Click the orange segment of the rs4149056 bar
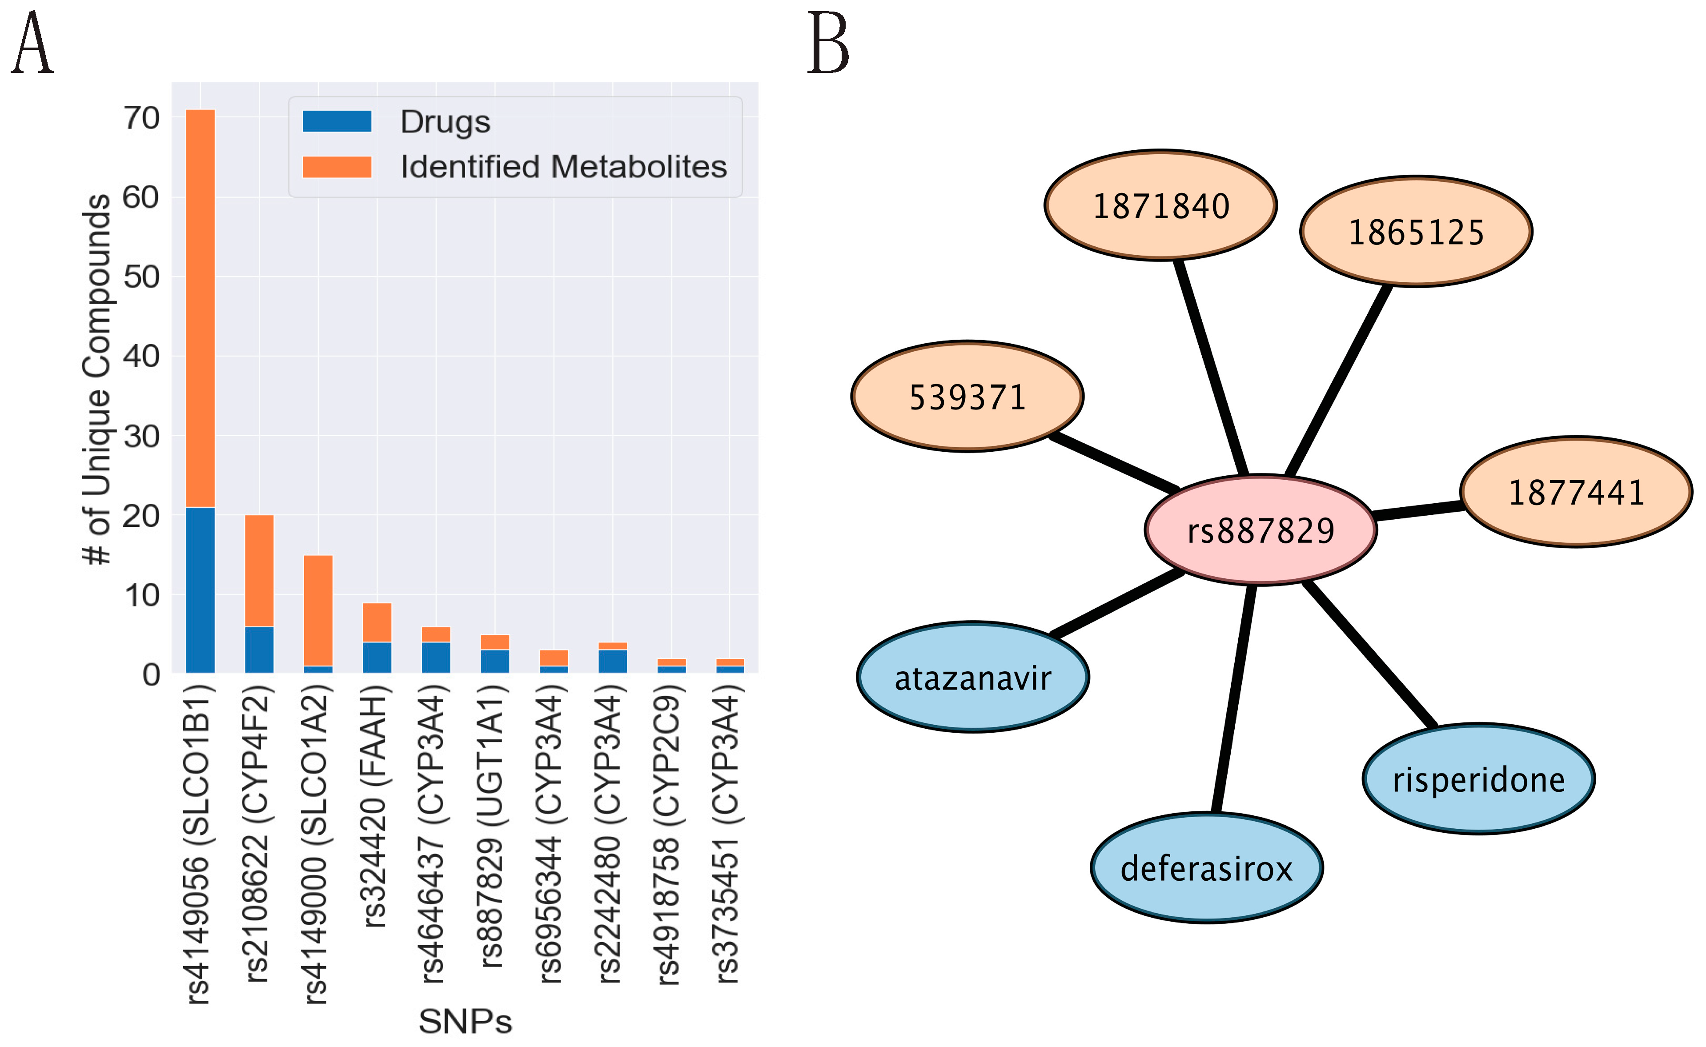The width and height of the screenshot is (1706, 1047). (200, 308)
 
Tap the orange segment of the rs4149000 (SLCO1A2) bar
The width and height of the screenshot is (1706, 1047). (318, 610)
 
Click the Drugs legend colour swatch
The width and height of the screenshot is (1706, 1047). (337, 121)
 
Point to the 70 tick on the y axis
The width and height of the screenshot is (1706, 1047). (141, 118)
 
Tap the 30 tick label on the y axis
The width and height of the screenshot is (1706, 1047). (141, 436)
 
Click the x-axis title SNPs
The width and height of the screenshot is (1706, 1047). (465, 1021)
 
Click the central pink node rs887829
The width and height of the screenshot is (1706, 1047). (1260, 530)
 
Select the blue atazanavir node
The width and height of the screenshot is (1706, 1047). (973, 677)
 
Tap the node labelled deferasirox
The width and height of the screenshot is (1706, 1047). (1206, 868)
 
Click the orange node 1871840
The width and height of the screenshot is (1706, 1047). (1160, 206)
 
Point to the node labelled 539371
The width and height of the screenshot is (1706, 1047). (967, 397)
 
